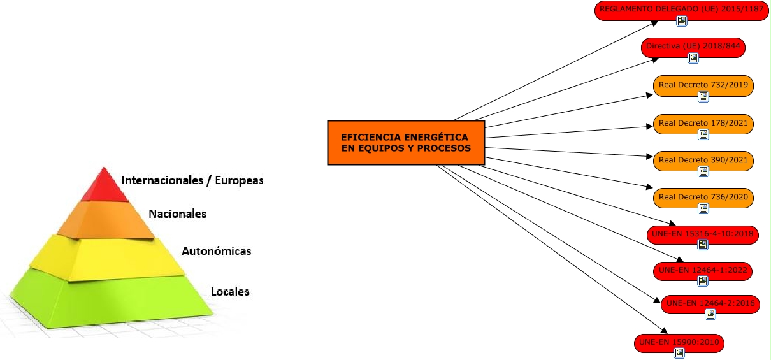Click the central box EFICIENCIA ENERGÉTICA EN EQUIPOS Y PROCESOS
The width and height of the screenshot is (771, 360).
(x=406, y=143)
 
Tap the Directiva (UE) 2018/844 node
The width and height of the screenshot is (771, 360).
(x=693, y=46)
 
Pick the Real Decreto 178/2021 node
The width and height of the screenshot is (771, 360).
(x=703, y=123)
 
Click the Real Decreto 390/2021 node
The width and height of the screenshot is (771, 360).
(x=703, y=160)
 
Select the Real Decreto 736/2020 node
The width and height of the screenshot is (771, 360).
(x=703, y=197)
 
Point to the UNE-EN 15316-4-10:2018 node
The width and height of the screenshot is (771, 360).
(x=702, y=234)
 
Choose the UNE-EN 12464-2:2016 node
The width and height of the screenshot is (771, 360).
(x=710, y=303)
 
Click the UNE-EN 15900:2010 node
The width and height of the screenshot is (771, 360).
(x=679, y=343)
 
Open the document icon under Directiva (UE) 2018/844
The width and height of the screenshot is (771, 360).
(x=693, y=58)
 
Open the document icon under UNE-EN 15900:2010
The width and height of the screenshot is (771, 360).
(x=680, y=352)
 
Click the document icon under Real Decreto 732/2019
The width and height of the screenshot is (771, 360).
(x=703, y=97)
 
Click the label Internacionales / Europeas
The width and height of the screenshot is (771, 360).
(x=192, y=180)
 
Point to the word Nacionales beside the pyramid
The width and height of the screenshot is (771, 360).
(x=178, y=214)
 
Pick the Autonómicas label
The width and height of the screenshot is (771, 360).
(x=216, y=251)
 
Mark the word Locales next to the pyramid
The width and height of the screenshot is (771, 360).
(x=229, y=292)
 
